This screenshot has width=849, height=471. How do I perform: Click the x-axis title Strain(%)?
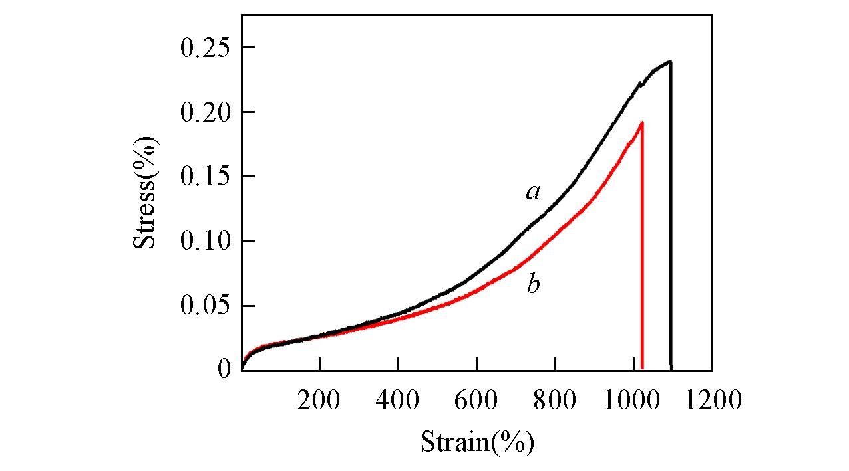click(477, 441)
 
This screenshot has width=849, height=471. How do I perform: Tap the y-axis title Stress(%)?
click(146, 192)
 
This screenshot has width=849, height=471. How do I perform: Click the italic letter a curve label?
click(532, 193)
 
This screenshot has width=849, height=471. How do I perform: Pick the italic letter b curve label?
click(532, 285)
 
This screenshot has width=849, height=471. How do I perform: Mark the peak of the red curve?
click(641, 122)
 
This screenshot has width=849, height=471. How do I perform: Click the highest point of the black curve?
click(670, 62)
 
